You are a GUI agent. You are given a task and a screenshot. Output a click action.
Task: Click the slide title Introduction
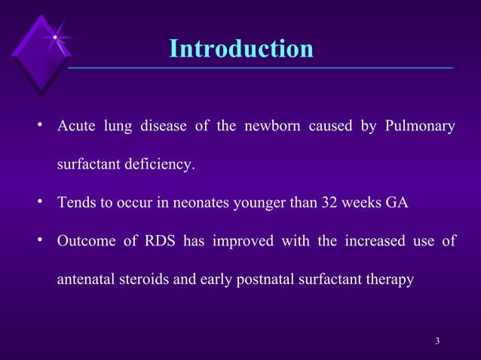(x=240, y=49)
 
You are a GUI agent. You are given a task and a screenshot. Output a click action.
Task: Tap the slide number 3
(x=438, y=343)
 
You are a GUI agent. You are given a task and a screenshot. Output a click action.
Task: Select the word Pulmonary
(x=419, y=126)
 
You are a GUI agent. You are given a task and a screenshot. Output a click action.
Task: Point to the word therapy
(x=389, y=280)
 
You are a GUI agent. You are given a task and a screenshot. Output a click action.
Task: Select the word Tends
(x=75, y=203)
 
